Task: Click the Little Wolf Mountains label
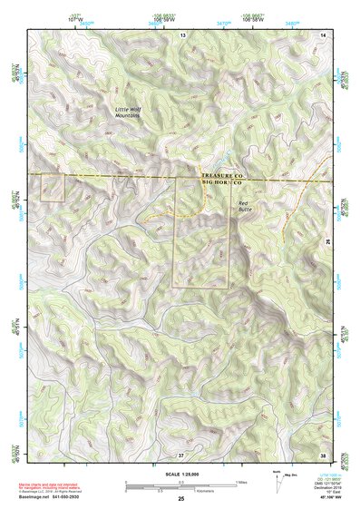click(x=132, y=113)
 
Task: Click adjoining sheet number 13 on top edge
click(x=181, y=34)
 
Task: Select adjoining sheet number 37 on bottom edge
click(x=181, y=454)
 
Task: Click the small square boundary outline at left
click(x=54, y=188)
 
